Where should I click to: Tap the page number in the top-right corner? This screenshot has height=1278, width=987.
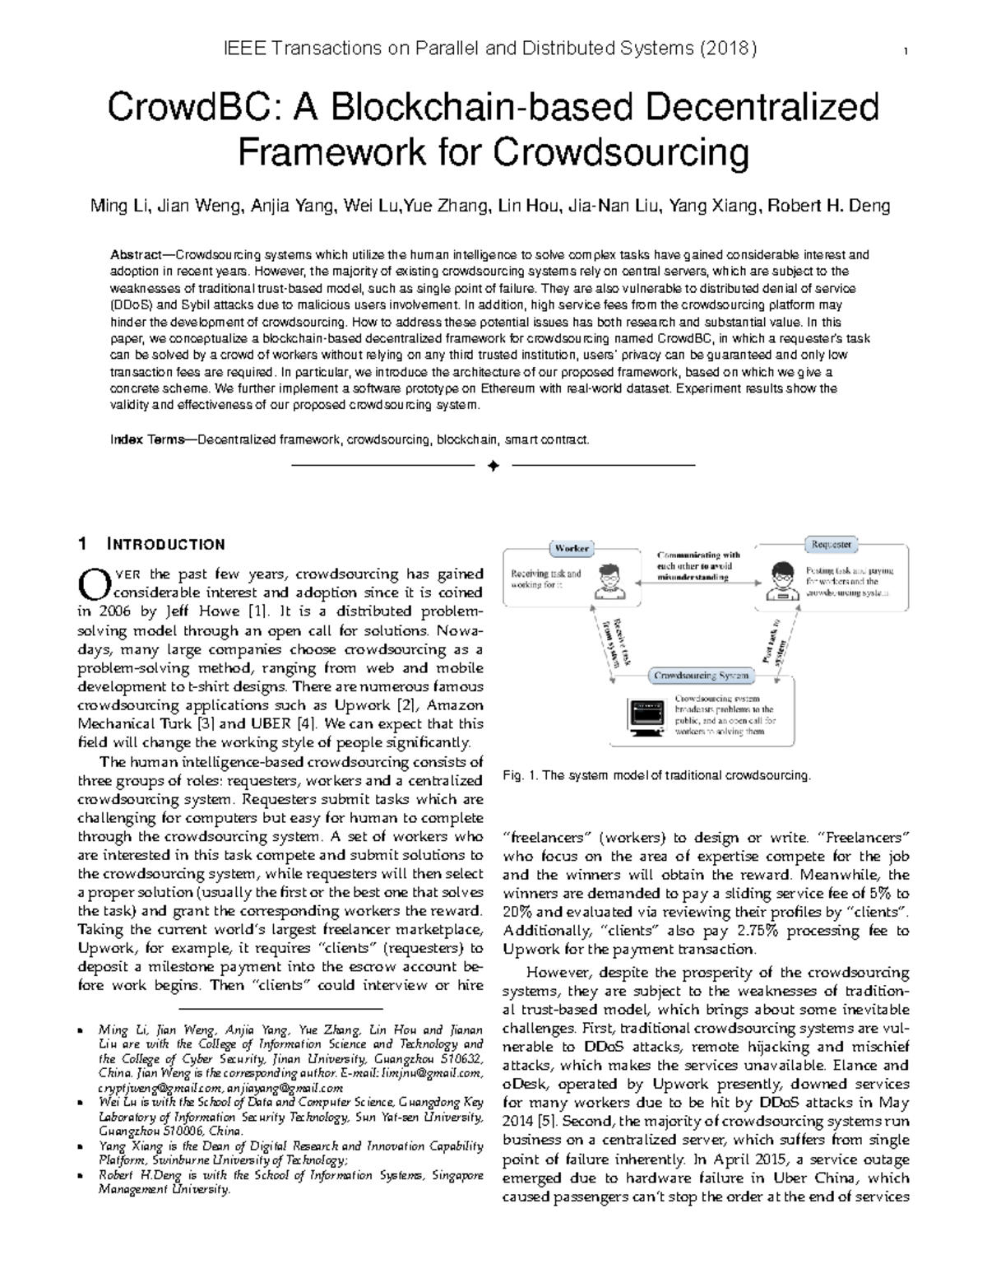click(905, 52)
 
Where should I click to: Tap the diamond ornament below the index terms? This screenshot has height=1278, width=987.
click(493, 467)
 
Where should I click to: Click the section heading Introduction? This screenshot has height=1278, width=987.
click(165, 544)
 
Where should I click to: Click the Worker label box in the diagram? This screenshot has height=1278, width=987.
click(572, 548)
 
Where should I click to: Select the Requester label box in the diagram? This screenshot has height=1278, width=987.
click(832, 544)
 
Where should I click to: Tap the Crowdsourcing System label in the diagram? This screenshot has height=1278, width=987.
click(701, 676)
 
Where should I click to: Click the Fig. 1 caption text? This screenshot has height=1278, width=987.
click(656, 775)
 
